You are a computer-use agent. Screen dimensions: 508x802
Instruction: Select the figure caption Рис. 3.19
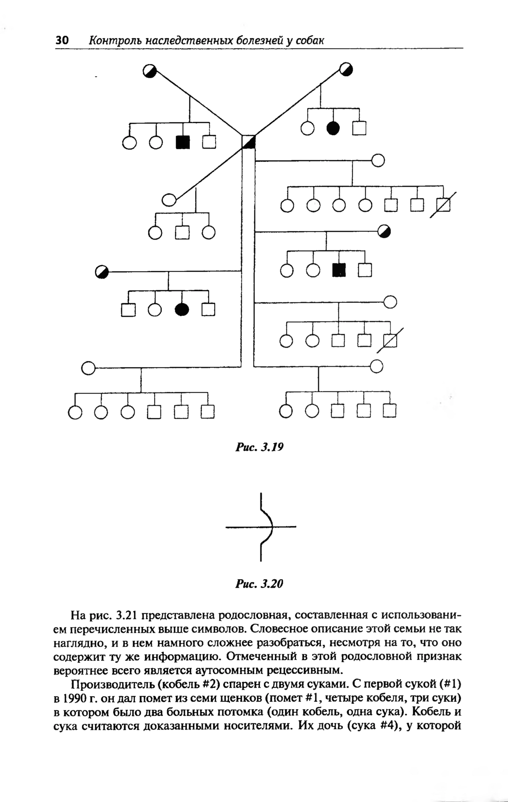259,447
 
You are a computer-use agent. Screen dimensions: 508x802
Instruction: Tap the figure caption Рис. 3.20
259,584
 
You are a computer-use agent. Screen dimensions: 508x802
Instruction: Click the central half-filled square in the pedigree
248,142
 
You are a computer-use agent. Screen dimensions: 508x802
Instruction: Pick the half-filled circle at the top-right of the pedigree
346,69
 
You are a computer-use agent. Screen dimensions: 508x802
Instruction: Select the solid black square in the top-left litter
182,142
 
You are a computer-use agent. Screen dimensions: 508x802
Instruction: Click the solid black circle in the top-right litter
333,127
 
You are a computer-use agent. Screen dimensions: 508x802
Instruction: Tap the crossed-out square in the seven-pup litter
443,205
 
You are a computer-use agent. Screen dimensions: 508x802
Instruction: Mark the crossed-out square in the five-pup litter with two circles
390,340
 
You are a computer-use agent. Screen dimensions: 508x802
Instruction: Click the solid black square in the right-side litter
339,270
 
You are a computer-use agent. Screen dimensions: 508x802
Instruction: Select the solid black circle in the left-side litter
182,310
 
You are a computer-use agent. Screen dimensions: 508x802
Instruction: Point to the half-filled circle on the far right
384,231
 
